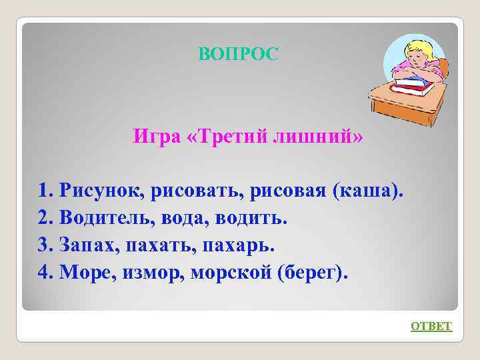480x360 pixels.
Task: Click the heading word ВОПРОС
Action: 238,54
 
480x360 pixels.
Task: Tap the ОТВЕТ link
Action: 431,326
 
